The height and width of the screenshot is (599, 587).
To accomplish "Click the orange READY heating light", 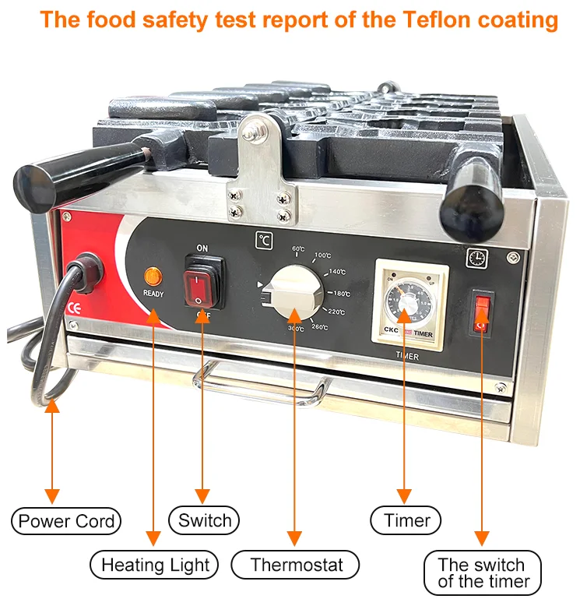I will pyautogui.click(x=153, y=275).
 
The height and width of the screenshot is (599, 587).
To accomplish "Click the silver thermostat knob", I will pyautogui.click(x=292, y=293).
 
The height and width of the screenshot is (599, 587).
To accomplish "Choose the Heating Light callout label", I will pyautogui.click(x=155, y=565).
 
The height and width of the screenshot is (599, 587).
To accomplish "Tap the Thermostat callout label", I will pyautogui.click(x=296, y=565).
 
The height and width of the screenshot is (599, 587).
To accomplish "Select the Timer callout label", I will pyautogui.click(x=406, y=520).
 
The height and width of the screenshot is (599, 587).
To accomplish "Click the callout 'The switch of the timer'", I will pyautogui.click(x=483, y=573).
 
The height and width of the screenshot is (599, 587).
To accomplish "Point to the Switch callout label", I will pyautogui.click(x=204, y=520).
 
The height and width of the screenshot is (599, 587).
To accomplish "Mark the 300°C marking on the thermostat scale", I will pyautogui.click(x=296, y=329).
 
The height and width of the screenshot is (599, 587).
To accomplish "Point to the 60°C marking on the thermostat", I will pyautogui.click(x=298, y=249).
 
